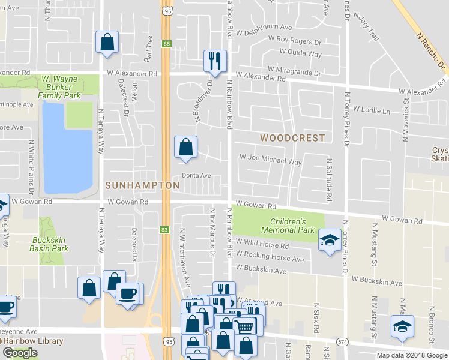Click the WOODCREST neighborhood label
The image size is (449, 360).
point(292,138)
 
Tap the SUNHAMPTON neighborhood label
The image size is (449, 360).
point(142,186)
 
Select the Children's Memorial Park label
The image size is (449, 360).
point(288,226)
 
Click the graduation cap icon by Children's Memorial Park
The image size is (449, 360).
point(329,240)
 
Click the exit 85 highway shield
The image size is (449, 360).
point(166,43)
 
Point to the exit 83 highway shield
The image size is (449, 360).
point(166,230)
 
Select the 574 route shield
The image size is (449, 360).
point(342,342)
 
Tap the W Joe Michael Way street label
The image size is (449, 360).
point(270,161)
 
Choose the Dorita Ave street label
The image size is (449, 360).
point(197,176)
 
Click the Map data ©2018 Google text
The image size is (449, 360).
point(412,355)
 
